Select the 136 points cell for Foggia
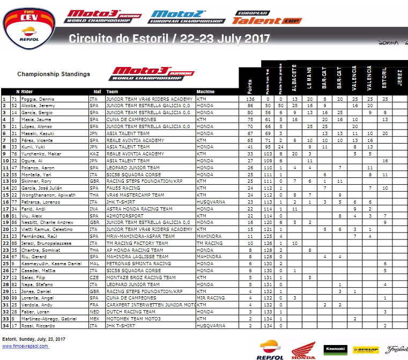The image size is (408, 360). pos(249,99)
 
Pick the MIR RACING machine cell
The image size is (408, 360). pos(211,297)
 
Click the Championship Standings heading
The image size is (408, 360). pos(54,74)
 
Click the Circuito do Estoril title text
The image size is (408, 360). pos(169,39)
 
